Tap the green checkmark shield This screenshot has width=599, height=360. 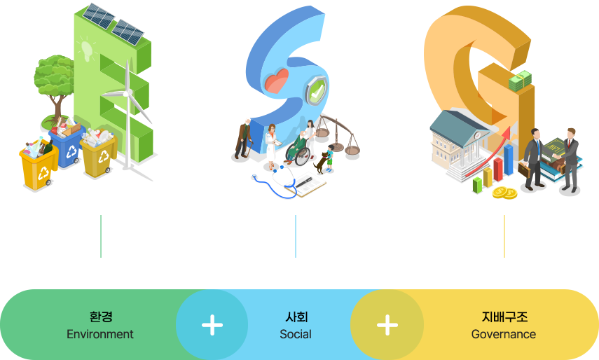pyautogui.click(x=317, y=90)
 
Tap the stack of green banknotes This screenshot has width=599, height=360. pyautogui.click(x=520, y=81)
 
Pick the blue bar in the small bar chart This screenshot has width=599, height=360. pyautogui.click(x=509, y=160)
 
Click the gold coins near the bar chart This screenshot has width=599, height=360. pyautogui.click(x=504, y=193)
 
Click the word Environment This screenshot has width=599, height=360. pyautogui.click(x=100, y=335)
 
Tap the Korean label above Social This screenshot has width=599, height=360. pyautogui.click(x=296, y=317)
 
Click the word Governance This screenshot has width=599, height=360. pyautogui.click(x=504, y=335)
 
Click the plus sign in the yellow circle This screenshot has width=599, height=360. pyautogui.click(x=387, y=325)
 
